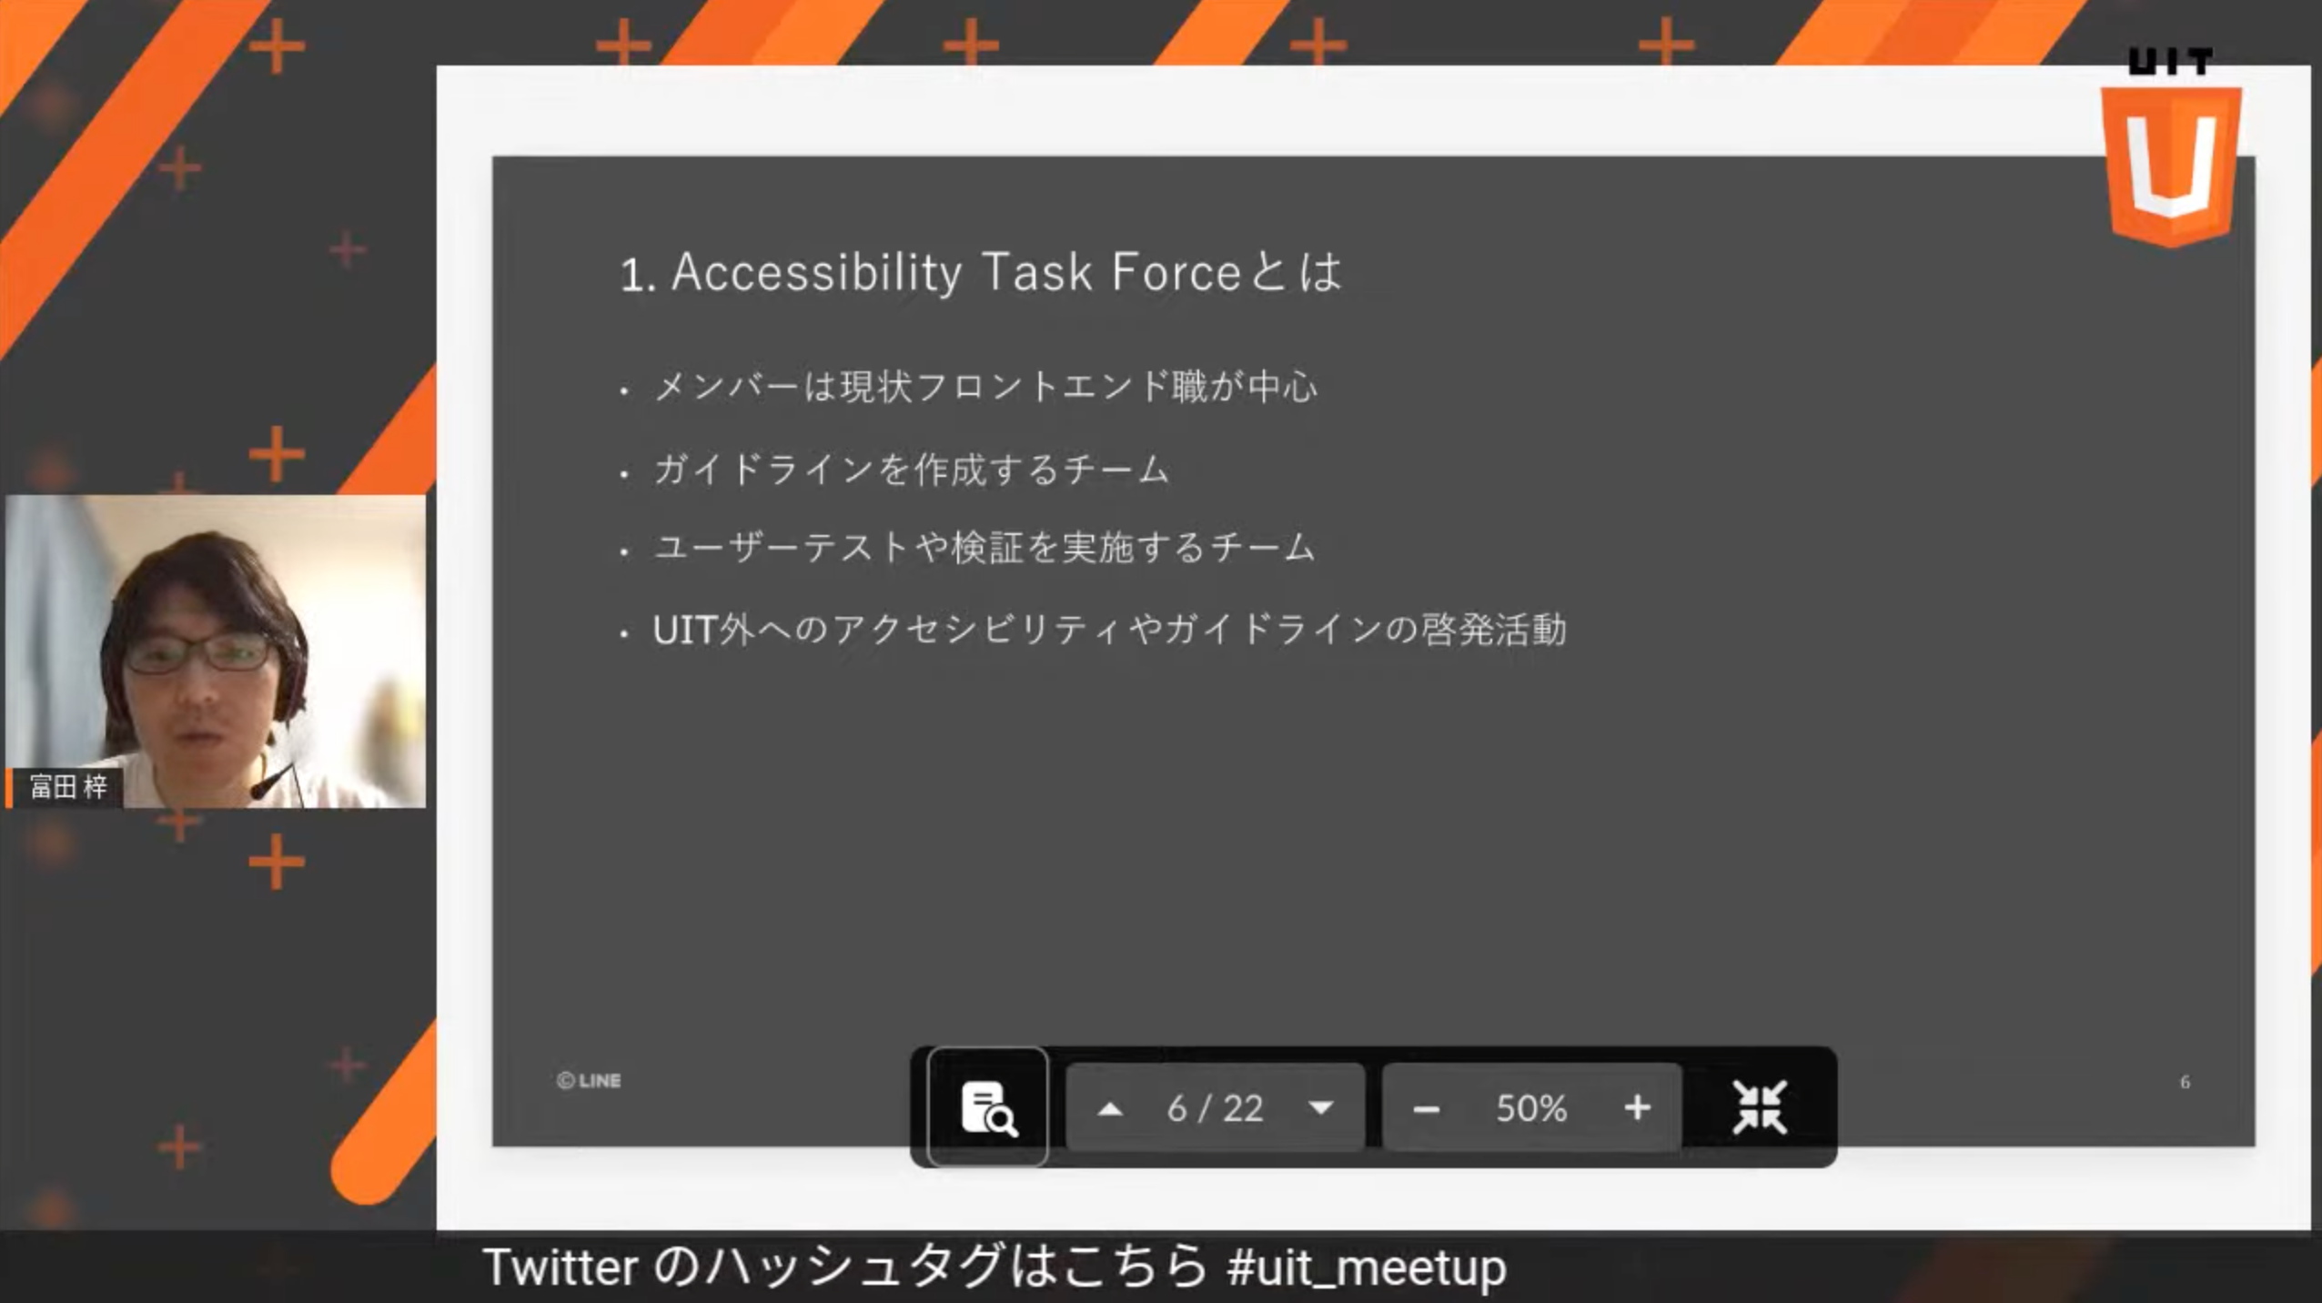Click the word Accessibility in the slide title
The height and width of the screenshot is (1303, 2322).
816,273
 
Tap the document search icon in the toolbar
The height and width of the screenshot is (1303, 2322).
988,1107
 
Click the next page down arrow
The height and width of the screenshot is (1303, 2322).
1321,1108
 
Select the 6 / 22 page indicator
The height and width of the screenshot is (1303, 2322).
1216,1108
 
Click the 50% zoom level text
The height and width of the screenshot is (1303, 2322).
1531,1108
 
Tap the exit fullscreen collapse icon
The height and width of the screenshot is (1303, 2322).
1760,1107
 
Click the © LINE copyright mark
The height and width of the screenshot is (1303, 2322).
589,1081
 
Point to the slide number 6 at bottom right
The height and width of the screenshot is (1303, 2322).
2185,1082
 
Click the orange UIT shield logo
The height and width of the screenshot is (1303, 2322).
2171,164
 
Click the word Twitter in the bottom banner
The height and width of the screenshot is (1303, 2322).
560,1267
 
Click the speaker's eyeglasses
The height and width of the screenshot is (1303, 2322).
197,652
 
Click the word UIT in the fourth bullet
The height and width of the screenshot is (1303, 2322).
685,630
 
